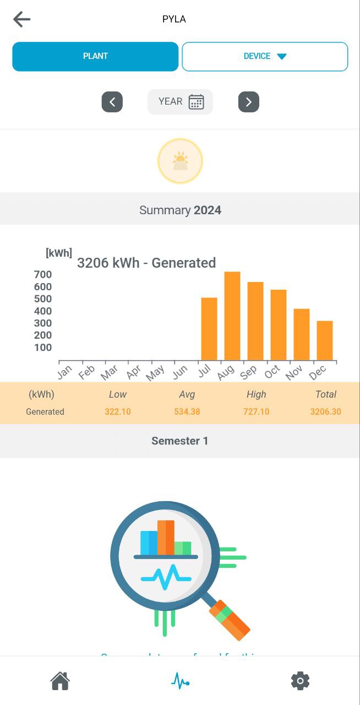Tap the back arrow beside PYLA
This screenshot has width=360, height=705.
click(22, 19)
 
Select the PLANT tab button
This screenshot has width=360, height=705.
click(95, 56)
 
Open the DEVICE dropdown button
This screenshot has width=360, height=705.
click(265, 56)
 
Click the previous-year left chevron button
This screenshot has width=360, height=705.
click(112, 102)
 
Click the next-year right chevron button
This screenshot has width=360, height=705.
click(248, 102)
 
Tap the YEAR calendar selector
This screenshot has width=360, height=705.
click(180, 102)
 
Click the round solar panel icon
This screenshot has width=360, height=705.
click(180, 161)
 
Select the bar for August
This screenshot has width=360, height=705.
click(232, 316)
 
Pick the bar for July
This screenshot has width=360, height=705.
click(209, 329)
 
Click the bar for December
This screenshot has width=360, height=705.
click(325, 340)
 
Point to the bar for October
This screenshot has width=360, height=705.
click(279, 325)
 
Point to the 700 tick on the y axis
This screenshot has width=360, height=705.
click(43, 275)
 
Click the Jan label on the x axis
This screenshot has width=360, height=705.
click(64, 372)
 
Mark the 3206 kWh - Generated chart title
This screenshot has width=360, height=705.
click(146, 263)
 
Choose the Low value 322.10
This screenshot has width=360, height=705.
click(118, 411)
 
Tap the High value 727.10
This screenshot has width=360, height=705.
click(256, 411)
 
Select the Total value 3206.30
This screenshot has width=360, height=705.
click(325, 411)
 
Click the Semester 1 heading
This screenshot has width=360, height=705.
click(180, 441)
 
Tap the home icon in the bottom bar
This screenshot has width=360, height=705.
click(60, 681)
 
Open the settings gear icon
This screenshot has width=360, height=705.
click(300, 681)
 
